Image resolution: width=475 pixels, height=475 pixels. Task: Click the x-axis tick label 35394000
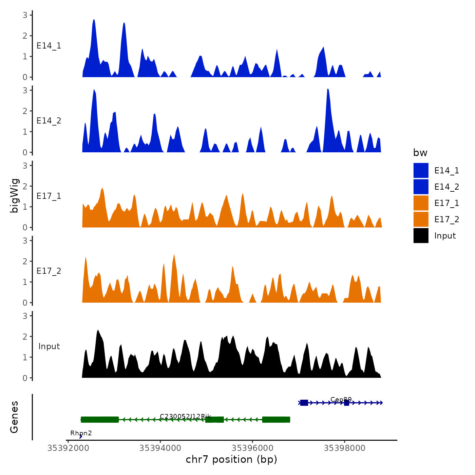[x=160, y=448]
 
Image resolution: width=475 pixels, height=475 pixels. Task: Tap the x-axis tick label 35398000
[x=344, y=448]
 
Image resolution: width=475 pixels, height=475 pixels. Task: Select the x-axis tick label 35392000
[x=68, y=448]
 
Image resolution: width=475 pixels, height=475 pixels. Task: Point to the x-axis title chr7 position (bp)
[x=231, y=459]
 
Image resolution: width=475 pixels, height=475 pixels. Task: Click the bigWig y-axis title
[x=14, y=196]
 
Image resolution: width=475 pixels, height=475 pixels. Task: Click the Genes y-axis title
[x=14, y=417]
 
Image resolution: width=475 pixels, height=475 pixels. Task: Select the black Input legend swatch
[x=421, y=235]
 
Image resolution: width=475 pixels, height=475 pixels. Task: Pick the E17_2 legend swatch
[x=421, y=219]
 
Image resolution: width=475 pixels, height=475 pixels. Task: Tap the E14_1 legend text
[x=446, y=171]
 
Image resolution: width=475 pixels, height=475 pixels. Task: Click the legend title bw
[x=420, y=153]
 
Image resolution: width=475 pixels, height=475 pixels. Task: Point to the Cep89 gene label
[x=341, y=399]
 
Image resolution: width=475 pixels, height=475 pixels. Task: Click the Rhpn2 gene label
[x=81, y=433]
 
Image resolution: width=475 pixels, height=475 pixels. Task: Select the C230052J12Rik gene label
[x=185, y=416]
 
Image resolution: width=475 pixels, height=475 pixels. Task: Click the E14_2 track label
[x=49, y=121]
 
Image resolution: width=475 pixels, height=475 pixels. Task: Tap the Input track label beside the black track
[x=49, y=346]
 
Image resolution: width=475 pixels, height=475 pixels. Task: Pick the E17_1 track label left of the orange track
[x=49, y=196]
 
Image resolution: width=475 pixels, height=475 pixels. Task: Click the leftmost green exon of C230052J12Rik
[x=100, y=420]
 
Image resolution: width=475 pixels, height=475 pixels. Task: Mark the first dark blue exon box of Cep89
[x=304, y=403]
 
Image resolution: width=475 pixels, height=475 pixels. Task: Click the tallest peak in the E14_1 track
[x=94, y=20]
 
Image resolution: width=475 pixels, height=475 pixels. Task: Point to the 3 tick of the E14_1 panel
[x=25, y=15]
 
